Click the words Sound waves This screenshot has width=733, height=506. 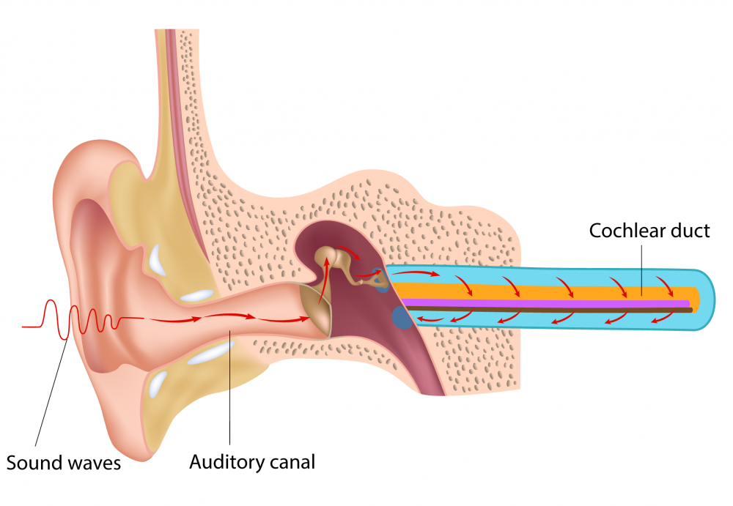point(64,463)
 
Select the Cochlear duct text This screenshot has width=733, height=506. point(649,231)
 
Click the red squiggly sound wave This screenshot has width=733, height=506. point(73,319)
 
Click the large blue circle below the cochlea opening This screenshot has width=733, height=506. point(402,317)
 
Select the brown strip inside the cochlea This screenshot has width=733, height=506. point(550,310)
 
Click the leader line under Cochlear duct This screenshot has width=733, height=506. point(643,271)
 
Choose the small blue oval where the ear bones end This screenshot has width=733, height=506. point(380,280)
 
